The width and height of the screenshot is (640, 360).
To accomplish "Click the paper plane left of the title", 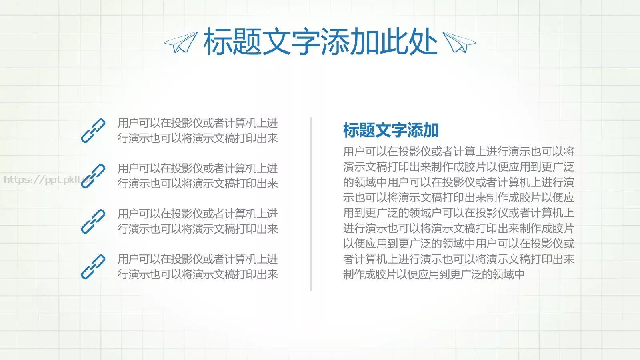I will pos(181,42).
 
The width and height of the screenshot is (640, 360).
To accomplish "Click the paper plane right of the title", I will pos(459,42).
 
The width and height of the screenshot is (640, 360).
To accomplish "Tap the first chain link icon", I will pos(93,130).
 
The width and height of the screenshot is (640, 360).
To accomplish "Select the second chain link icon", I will pos(93,176).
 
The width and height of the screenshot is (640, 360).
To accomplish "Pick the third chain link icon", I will pos(93,221).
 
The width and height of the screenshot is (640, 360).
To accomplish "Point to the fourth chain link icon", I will pos(93,266).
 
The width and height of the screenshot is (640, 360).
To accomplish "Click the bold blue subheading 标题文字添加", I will pos(391,130).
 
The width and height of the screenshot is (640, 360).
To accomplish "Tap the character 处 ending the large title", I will pos(423,42).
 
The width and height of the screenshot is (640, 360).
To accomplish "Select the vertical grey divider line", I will pos(311,204).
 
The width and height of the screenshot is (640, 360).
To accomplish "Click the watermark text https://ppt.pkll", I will pos(44,180).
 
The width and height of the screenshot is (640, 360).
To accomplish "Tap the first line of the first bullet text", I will pos(198,123).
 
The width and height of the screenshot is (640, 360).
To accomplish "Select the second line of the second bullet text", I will pos(198,184).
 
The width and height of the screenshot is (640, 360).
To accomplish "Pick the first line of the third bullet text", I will pos(198,214).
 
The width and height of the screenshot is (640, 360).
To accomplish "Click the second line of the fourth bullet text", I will pos(198,274).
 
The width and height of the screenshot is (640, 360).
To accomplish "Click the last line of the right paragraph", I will pos(434,274).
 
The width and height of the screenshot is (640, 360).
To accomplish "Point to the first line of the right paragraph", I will pos(458,152).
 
